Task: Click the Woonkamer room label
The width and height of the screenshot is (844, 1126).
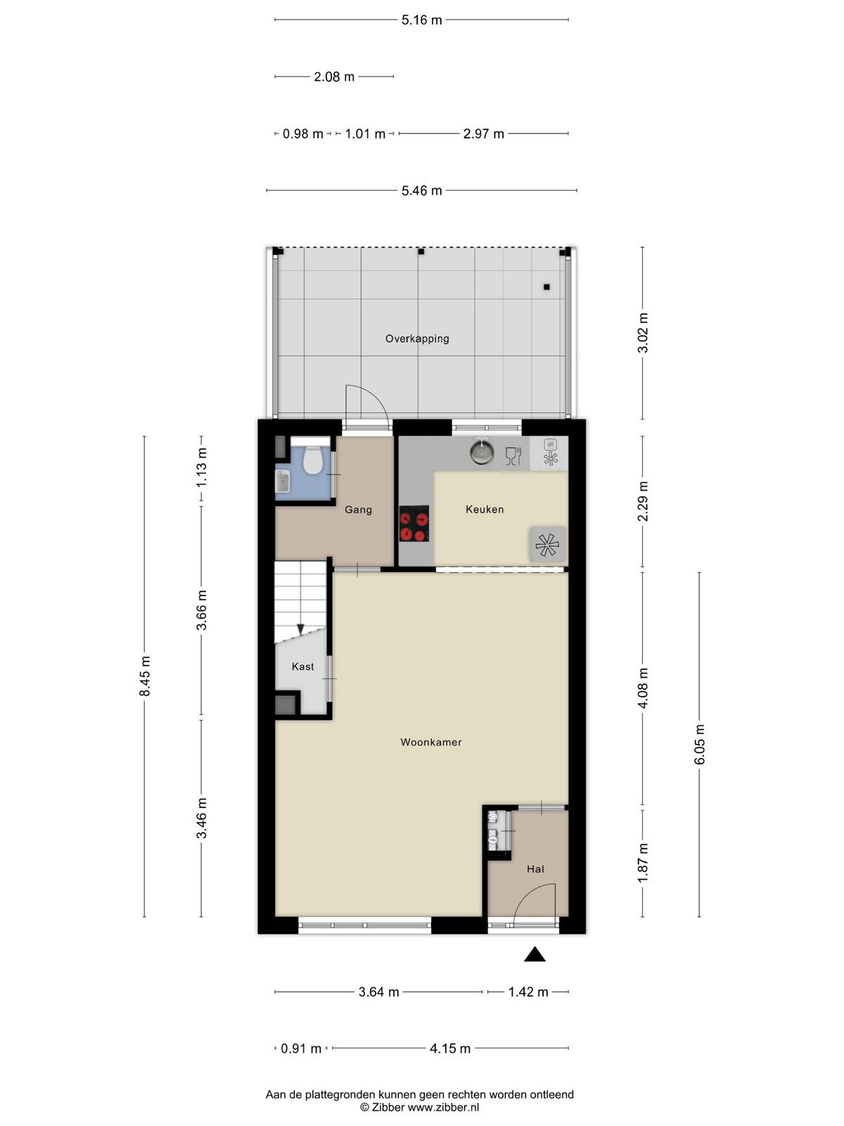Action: (431, 742)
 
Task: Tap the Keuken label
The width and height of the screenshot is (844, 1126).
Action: (485, 510)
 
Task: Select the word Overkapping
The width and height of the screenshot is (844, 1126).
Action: (417, 339)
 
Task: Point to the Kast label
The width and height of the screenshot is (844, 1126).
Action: (302, 666)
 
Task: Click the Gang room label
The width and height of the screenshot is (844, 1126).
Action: (358, 510)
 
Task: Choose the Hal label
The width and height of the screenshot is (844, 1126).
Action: (535, 869)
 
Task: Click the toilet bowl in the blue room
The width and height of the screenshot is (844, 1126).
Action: (312, 459)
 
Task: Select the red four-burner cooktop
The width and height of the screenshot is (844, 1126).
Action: (414, 524)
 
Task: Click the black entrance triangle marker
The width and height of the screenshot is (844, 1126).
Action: (535, 954)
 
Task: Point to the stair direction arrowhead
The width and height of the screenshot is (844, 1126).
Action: (300, 629)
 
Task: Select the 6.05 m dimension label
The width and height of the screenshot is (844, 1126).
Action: (700, 745)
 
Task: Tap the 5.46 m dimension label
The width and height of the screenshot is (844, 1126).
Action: (421, 191)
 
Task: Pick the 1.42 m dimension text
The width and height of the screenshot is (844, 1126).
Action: (527, 992)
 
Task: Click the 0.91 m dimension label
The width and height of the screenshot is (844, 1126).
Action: (301, 1049)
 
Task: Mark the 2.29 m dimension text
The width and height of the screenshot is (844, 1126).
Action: (643, 501)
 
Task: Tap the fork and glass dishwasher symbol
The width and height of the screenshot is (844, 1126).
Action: (513, 456)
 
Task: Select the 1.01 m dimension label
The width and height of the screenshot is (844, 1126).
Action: (365, 134)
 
